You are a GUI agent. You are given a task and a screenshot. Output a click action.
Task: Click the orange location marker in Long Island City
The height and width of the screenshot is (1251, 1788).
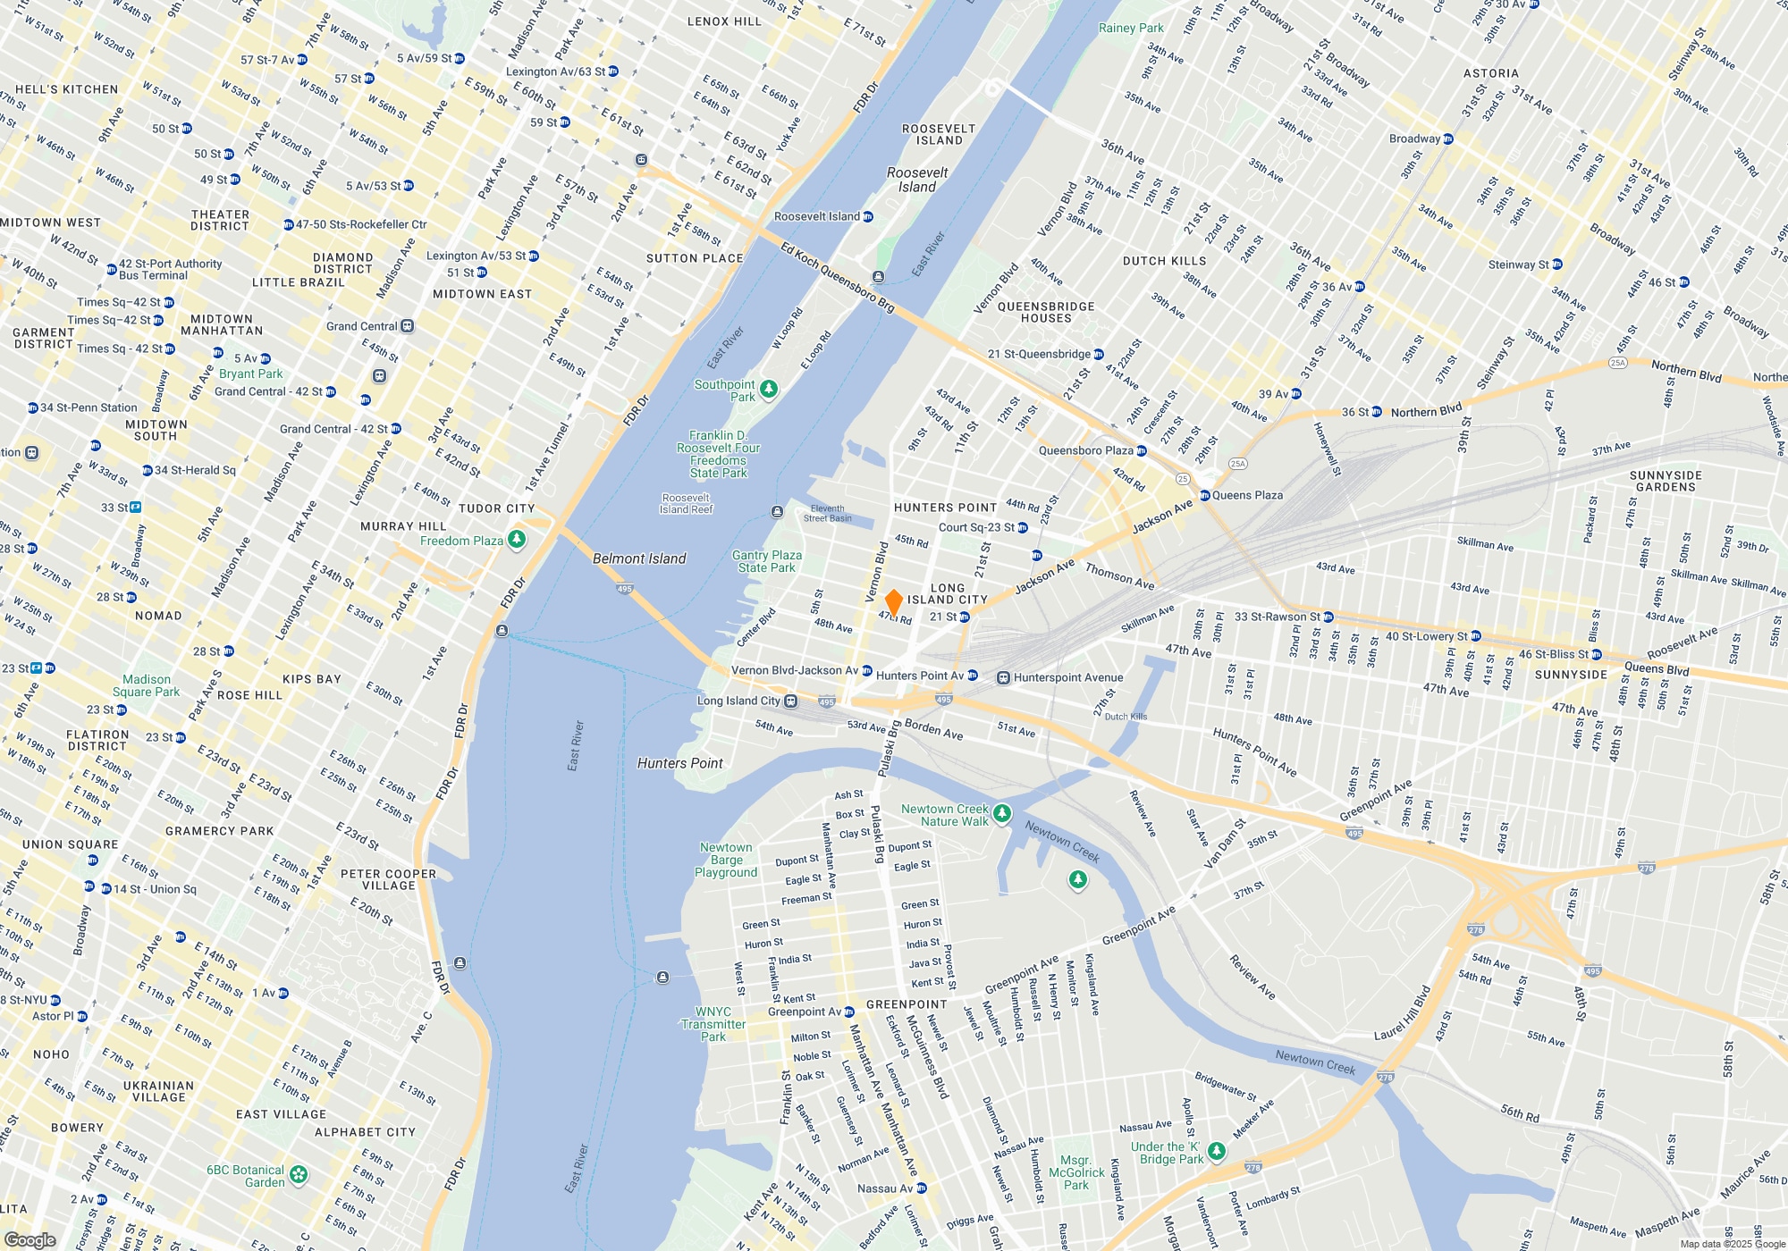[892, 602]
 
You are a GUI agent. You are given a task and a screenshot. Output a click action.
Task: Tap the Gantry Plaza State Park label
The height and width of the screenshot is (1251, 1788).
[767, 561]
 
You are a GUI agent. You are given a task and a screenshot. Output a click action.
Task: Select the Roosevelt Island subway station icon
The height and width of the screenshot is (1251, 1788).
[867, 217]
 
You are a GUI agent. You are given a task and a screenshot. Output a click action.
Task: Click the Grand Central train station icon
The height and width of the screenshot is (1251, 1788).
[408, 326]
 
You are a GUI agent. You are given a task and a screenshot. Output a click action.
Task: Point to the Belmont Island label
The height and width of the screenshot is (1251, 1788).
[639, 558]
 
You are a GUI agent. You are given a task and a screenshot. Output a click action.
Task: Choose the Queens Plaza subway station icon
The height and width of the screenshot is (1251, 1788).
[1204, 495]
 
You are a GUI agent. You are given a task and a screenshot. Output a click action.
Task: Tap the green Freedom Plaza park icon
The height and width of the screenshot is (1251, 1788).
[517, 540]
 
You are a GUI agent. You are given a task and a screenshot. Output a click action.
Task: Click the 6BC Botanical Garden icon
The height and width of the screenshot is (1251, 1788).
[299, 1174]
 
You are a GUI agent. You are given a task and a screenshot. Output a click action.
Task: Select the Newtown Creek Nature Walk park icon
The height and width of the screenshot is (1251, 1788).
[1002, 813]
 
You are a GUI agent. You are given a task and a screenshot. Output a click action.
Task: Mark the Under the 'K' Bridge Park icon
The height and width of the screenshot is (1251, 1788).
[1217, 1151]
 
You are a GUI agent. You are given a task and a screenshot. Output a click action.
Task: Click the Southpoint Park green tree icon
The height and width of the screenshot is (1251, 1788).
[768, 389]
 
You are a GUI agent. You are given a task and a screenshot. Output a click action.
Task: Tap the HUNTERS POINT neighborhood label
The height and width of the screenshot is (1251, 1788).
[945, 508]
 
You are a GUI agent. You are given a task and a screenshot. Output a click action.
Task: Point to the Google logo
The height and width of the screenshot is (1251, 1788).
[30, 1239]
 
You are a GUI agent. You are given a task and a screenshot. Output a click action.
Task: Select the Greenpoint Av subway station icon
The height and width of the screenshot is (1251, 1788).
[849, 1012]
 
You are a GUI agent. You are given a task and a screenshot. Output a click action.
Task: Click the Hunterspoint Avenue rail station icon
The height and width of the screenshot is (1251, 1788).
[1004, 678]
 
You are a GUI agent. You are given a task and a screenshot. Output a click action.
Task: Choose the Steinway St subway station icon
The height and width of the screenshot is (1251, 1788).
[1557, 264]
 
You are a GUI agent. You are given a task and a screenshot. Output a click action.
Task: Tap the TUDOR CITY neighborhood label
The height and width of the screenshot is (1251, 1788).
[496, 508]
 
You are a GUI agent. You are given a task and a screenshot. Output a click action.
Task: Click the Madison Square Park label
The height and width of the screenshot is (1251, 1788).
[146, 685]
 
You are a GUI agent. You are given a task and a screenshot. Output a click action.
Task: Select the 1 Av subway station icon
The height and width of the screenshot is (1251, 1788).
[283, 993]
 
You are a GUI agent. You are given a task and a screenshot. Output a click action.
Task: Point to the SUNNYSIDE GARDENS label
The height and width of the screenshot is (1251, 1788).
[1666, 481]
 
